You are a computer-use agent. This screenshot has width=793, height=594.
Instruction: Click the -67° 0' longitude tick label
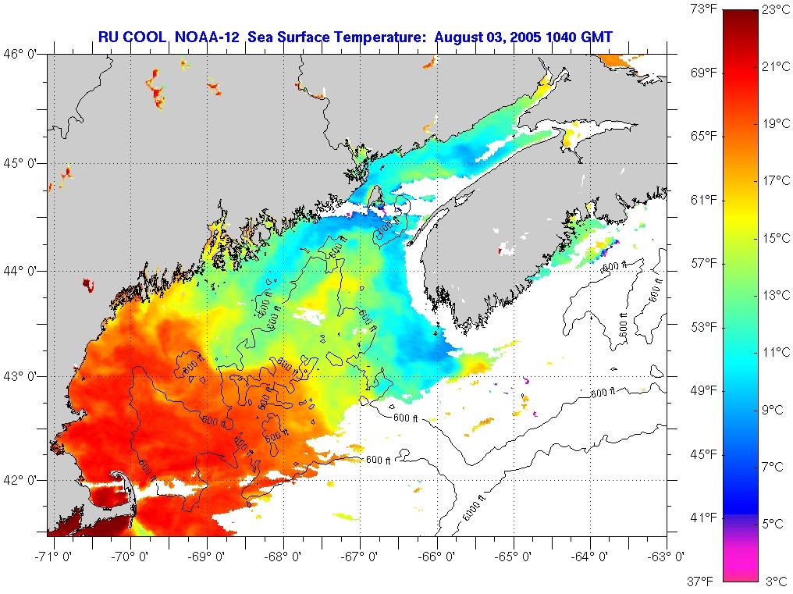tap(361, 557)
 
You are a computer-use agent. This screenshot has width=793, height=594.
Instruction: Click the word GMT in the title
tap(596, 36)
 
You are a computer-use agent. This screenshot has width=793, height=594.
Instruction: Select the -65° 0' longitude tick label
tap(514, 557)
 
